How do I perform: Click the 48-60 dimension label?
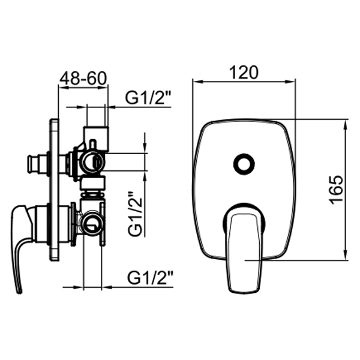83,78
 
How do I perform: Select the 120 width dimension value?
244,73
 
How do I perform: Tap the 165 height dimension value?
336,190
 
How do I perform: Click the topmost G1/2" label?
148,98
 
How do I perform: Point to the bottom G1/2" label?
150,278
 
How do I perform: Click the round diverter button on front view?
244,164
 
